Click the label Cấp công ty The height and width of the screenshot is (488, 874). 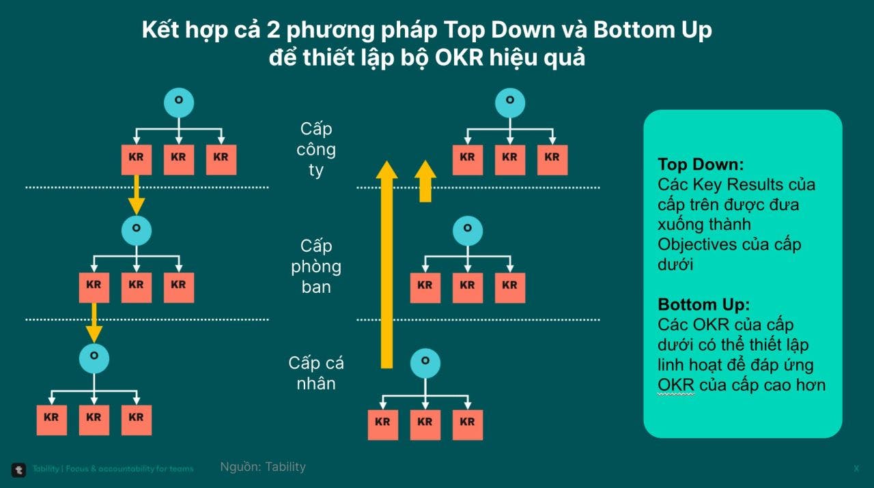point(317,149)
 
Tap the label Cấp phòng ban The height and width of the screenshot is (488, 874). point(316,266)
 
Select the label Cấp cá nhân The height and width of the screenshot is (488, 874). point(316,373)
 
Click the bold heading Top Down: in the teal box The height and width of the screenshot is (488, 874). point(701,164)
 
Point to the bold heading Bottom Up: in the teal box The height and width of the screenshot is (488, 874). point(703,304)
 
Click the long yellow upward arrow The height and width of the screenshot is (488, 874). point(386,266)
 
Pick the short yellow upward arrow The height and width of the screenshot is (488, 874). point(425,181)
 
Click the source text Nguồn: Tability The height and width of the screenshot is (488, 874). point(263,467)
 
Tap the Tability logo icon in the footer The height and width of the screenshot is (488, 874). point(18,469)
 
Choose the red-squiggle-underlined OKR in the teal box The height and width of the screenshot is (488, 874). point(676,385)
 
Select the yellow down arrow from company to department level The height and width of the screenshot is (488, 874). point(137,195)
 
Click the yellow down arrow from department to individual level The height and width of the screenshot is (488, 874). point(94,323)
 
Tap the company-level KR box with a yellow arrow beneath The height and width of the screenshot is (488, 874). point(136,158)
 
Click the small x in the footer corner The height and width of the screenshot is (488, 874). point(856,468)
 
